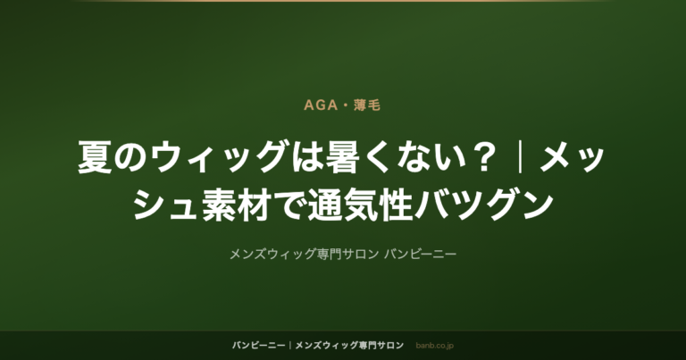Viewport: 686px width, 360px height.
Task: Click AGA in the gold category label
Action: (321, 105)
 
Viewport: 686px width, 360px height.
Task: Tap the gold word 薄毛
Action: (367, 105)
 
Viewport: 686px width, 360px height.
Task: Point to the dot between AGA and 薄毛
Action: (346, 106)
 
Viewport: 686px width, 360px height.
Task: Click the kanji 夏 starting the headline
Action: (95, 157)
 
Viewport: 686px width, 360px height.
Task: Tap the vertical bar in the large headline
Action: (520, 157)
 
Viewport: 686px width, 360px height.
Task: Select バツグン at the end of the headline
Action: (483, 205)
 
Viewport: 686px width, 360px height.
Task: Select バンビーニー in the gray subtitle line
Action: (421, 254)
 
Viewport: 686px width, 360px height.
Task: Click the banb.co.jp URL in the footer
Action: (434, 346)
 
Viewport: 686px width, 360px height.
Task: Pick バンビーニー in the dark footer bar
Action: (258, 346)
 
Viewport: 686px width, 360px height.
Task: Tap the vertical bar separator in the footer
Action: (290, 346)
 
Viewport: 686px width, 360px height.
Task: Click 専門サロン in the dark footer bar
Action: (381, 346)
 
